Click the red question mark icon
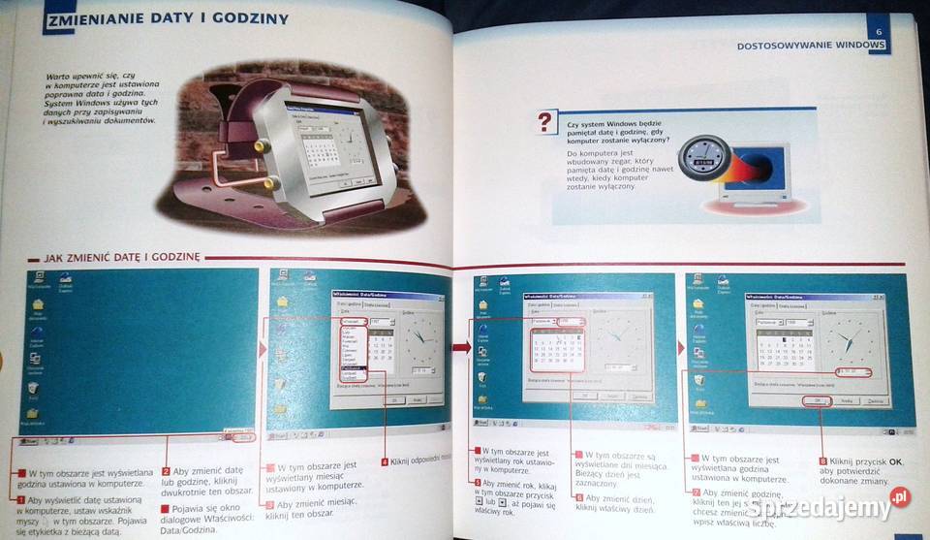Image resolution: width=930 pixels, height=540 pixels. coord(547,122)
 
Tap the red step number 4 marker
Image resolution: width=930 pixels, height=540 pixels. coord(385,461)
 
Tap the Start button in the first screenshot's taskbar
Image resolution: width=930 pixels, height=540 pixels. coord(28,439)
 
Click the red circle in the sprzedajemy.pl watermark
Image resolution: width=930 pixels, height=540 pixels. coord(900,497)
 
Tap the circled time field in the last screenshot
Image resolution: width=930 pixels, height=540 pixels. coord(852,371)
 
